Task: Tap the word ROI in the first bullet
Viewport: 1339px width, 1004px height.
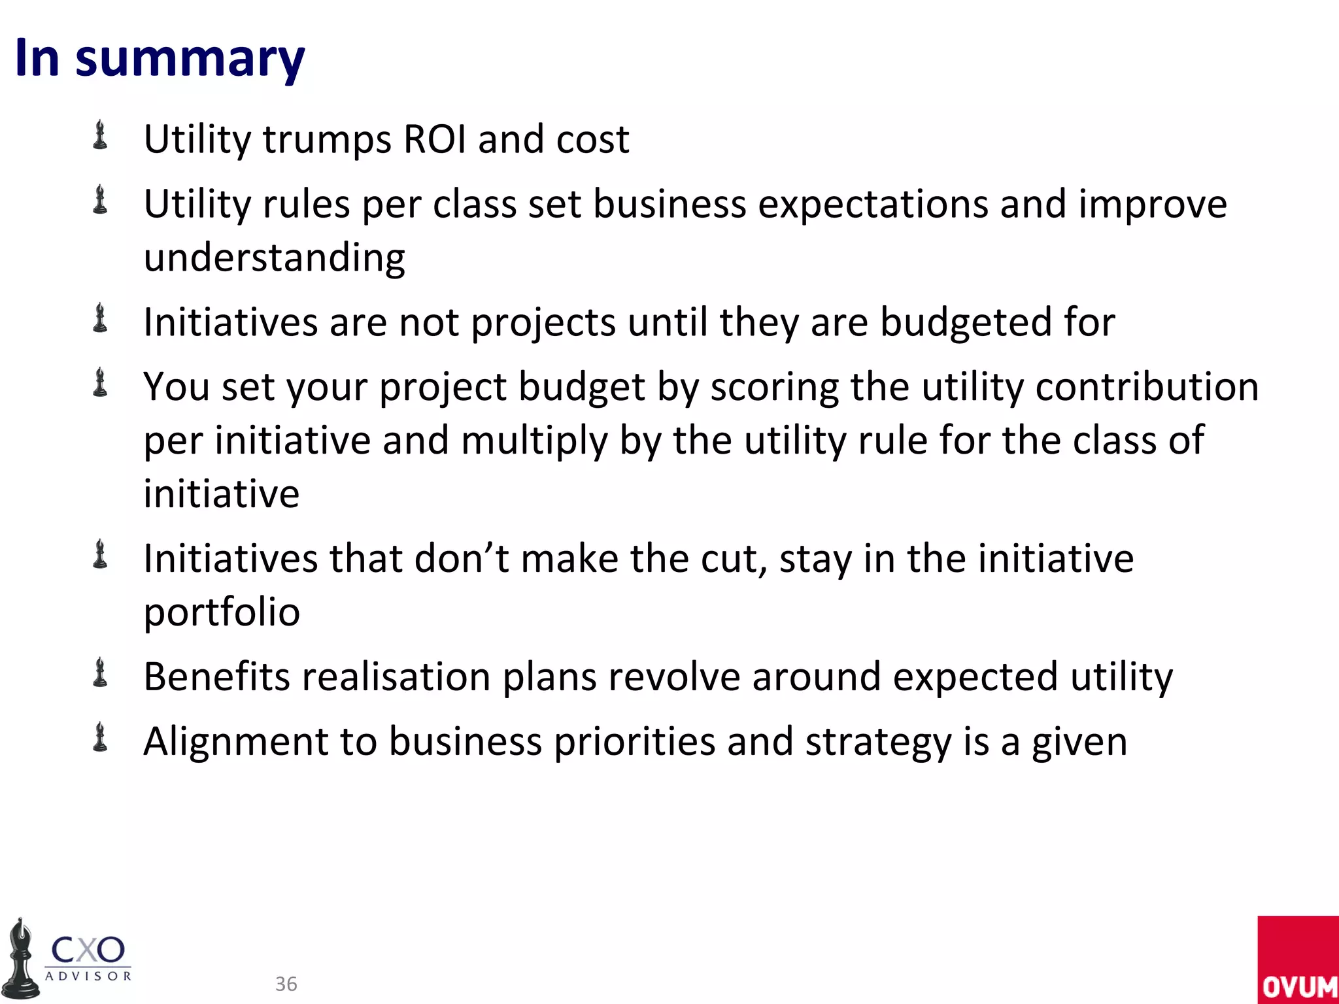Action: tap(435, 139)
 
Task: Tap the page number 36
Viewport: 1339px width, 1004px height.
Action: tap(286, 984)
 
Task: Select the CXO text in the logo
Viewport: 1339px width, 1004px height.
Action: tap(88, 950)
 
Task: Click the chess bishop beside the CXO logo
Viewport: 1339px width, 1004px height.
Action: tap(21, 961)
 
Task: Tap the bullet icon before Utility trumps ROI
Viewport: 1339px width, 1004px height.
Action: tap(100, 135)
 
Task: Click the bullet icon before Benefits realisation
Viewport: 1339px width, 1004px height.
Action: tap(100, 673)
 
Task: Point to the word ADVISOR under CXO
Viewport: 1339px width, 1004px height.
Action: tap(88, 977)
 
